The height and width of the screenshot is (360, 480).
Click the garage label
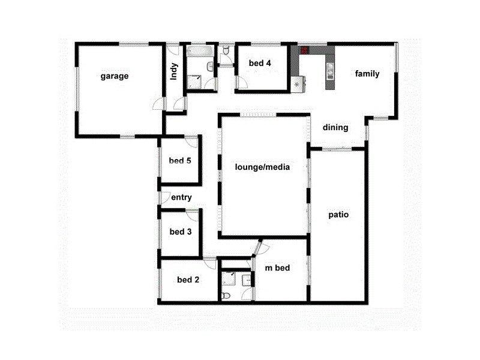115,76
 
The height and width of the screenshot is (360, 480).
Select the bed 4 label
259,64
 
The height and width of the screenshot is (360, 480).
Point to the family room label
367,74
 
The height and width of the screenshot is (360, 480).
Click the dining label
335,127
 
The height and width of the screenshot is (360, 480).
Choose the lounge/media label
263,167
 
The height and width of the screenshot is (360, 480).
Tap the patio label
339,214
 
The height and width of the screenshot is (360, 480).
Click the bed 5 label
180,160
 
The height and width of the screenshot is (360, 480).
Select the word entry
181,197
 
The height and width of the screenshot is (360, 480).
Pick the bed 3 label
181,232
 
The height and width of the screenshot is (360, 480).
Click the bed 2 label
188,280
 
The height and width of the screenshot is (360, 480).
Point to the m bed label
278,268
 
